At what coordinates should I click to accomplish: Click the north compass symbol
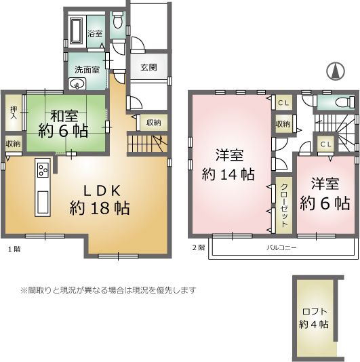336,71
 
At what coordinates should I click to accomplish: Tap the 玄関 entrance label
148,67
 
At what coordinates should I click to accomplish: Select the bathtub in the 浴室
77,31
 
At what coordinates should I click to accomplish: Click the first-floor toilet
118,20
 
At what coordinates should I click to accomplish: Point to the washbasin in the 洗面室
77,84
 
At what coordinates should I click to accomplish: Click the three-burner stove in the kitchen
43,170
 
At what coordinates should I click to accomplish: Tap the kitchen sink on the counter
43,202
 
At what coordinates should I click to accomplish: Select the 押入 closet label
14,113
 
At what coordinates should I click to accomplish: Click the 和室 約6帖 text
63,123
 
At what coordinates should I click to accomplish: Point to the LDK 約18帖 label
100,199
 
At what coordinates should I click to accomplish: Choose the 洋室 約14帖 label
228,164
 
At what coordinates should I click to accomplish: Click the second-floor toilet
345,102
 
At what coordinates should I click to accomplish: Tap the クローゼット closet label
284,205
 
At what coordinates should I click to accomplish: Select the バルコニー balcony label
281,248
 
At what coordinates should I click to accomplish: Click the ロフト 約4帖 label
314,318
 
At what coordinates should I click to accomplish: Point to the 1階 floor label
14,249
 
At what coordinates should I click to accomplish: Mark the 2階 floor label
199,247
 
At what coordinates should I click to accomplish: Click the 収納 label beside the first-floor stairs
154,123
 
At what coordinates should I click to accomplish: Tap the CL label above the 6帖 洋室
326,144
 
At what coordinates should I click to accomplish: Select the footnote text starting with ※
108,290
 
